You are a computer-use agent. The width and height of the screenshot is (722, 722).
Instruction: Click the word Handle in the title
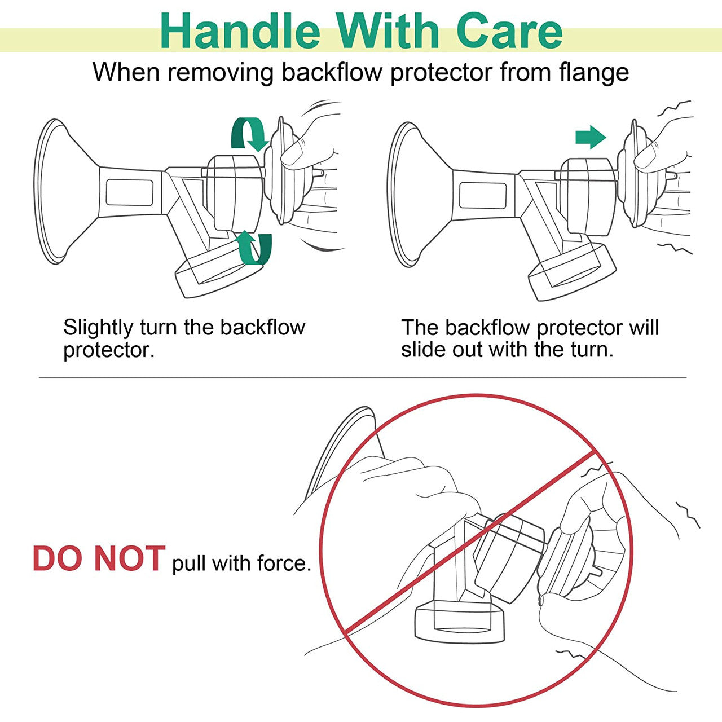(240, 31)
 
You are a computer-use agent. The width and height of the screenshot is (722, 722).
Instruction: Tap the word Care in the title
(509, 31)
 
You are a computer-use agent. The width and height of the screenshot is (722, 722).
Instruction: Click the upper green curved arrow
(249, 134)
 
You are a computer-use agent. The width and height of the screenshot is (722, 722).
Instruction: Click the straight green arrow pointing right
(591, 137)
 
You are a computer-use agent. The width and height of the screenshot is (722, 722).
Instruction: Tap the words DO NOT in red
(99, 558)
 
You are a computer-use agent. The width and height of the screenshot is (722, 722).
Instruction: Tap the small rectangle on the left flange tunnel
(130, 192)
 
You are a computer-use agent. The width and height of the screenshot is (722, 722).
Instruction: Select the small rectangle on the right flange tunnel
(483, 195)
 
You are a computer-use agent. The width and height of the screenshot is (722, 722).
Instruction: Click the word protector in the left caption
(109, 351)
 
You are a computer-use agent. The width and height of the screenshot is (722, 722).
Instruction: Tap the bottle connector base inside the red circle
(460, 622)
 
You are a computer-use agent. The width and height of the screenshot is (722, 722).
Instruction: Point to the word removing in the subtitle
(221, 73)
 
